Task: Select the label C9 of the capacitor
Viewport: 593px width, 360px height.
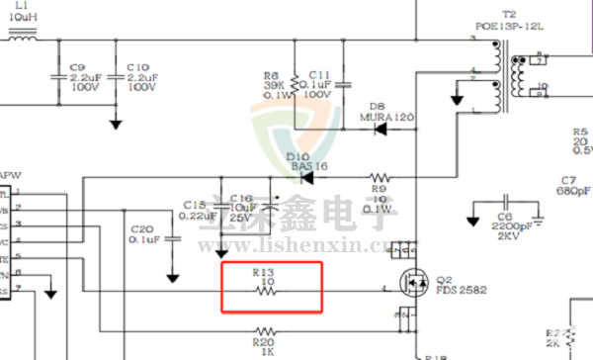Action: coord(78,67)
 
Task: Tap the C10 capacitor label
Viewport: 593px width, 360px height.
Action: coord(138,67)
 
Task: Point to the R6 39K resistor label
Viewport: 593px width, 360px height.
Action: coord(272,75)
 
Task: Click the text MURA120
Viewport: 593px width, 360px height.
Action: coord(386,117)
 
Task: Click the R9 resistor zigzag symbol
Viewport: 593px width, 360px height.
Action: coord(380,178)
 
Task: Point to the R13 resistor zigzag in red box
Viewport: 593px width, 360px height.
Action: coord(265,291)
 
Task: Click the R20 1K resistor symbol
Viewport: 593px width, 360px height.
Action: coord(265,329)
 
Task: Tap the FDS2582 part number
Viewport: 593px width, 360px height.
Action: coord(457,292)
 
